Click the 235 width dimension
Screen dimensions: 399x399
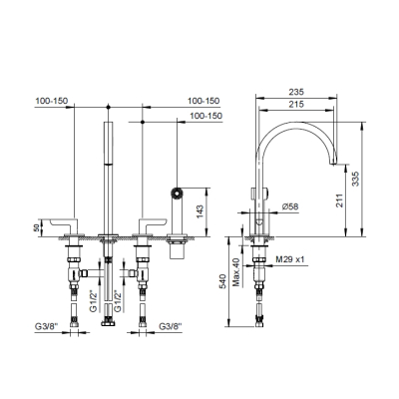tap(296, 92)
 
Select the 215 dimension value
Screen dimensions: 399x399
tap(296, 104)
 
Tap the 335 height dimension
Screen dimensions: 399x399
tap(355, 179)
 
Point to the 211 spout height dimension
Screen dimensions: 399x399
tap(339, 200)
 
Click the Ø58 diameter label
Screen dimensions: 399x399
tap(290, 206)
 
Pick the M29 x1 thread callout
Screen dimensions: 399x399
tap(290, 259)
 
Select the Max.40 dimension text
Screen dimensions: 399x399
tap(236, 271)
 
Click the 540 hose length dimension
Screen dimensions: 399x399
tap(223, 281)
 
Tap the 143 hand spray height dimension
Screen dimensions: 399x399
tap(199, 211)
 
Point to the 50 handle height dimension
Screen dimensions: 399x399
tap(37, 227)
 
